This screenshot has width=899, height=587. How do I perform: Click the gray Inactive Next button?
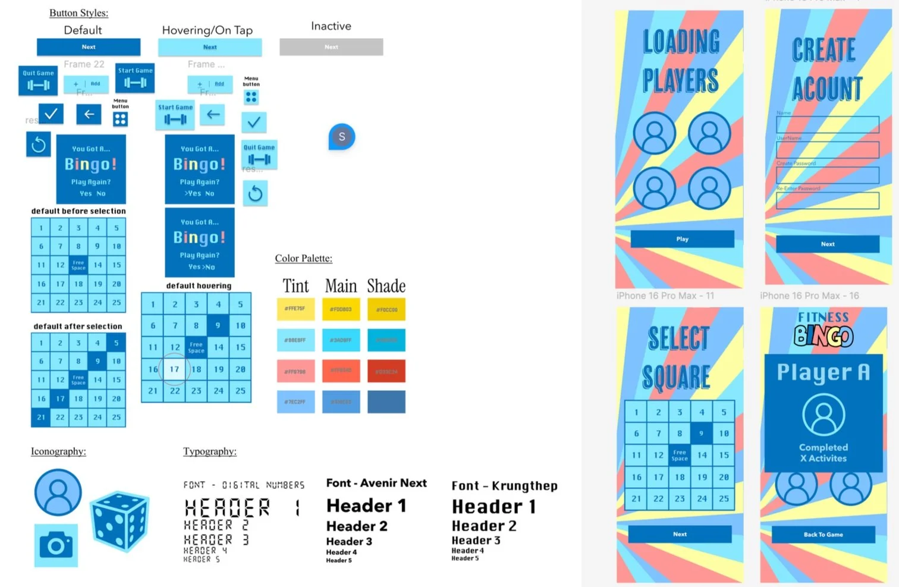coord(331,47)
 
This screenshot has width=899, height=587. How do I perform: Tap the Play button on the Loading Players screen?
coord(682,239)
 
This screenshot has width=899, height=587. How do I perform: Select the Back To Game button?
coord(823,535)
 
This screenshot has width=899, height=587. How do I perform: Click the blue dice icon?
coord(120,521)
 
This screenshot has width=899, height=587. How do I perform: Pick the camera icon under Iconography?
coord(56,545)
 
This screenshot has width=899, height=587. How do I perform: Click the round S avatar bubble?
coord(342,137)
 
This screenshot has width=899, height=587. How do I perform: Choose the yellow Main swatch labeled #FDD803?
coord(341,309)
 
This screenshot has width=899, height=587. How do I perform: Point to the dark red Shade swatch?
coord(386,372)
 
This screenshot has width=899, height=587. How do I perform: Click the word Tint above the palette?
coord(296,286)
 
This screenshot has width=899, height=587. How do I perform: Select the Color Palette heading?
coord(303,258)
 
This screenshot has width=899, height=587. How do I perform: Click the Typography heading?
coord(209,451)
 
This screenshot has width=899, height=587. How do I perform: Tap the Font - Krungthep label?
coord(504,486)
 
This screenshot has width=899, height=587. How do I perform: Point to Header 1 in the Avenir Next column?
coord(366,506)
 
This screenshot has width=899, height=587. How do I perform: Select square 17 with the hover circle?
coord(174,369)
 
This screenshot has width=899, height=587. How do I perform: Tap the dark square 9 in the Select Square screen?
coord(702,434)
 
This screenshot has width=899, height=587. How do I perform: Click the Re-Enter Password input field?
coord(827,200)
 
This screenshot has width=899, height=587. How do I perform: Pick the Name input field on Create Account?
coord(827,124)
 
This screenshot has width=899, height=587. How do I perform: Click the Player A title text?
coord(823,372)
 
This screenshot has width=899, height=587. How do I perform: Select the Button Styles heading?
coord(78,12)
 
